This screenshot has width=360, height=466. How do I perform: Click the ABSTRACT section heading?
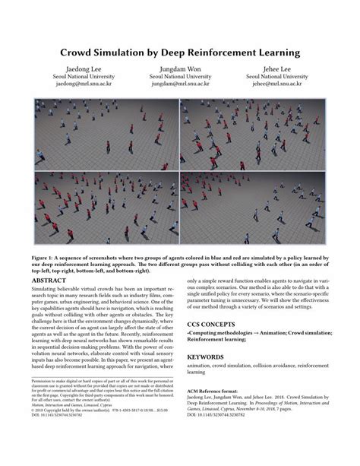[x=52, y=280]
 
